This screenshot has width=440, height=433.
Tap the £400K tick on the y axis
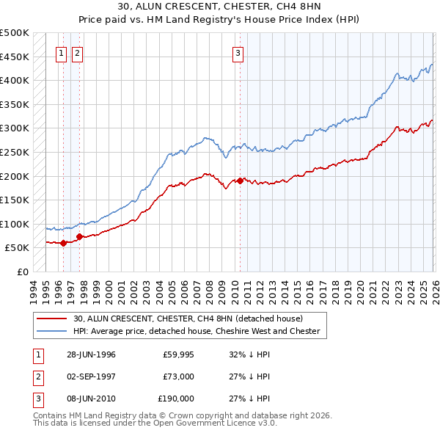pyautogui.click(x=15, y=80)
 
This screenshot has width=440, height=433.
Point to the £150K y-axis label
pyautogui.click(x=15, y=200)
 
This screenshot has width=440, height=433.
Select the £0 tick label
pyautogui.click(x=22, y=272)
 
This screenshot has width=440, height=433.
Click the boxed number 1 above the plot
pyautogui.click(x=60, y=52)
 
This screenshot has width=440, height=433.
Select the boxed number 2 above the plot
pyautogui.click(x=77, y=52)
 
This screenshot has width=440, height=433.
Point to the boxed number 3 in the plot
pyautogui.click(x=238, y=52)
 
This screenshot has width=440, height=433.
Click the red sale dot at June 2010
pyautogui.click(x=240, y=181)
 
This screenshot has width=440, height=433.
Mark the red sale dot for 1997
pyautogui.click(x=79, y=236)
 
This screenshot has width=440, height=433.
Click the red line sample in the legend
pyautogui.click(x=53, y=319)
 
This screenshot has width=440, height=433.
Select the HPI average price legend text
pyautogui.click(x=197, y=331)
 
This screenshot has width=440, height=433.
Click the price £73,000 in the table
pyautogui.click(x=178, y=376)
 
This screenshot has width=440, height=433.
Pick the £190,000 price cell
pyautogui.click(x=176, y=399)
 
